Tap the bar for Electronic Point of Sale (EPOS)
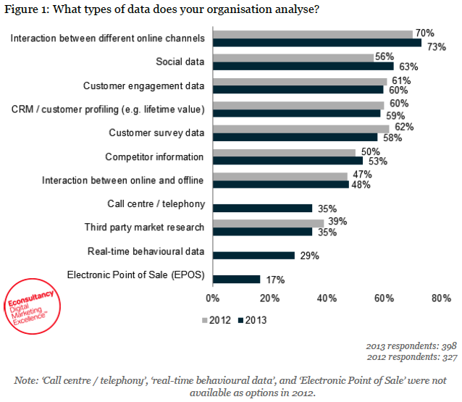236,279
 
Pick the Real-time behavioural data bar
253,255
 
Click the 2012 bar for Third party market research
268,223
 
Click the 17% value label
274,280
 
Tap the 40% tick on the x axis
327,298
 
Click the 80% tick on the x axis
441,298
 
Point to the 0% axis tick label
213,298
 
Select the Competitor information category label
154,157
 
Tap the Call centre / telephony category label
156,204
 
